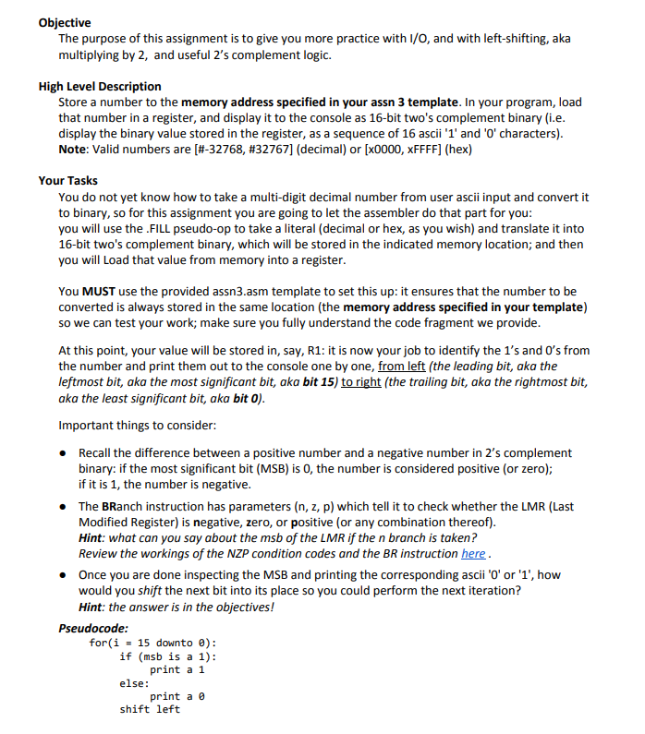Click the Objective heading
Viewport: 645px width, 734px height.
[65, 22]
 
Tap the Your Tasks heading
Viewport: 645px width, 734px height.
[67, 181]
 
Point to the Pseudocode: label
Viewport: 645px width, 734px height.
[93, 628]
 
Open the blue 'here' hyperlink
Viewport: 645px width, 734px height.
[472, 554]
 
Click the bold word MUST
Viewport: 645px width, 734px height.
[101, 292]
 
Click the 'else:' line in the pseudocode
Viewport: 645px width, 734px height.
[134, 683]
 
